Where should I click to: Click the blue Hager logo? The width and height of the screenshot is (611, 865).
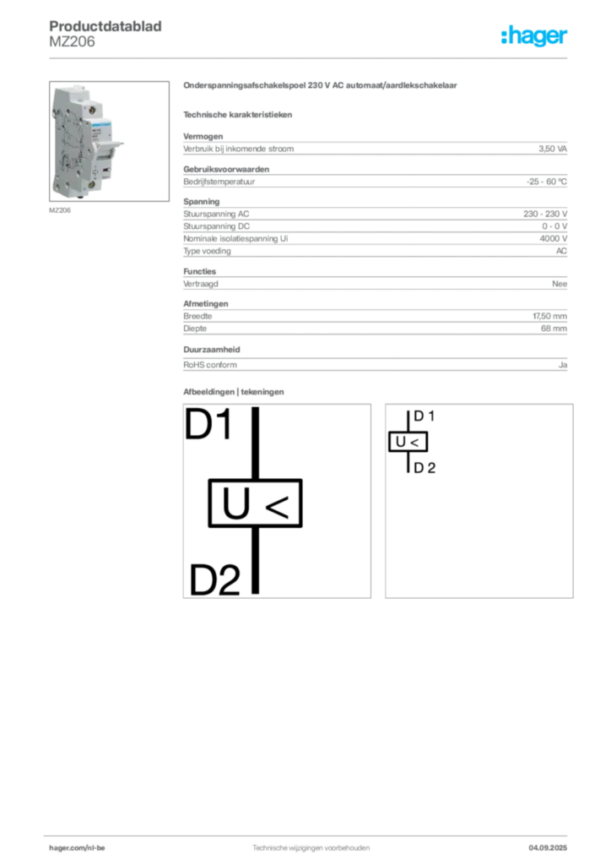pyautogui.click(x=536, y=37)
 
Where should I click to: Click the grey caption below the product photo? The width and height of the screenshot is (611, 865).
pyautogui.click(x=59, y=210)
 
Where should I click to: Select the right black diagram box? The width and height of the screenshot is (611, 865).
pyautogui.click(x=479, y=503)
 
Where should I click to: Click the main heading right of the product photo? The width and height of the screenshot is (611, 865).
pyautogui.click(x=321, y=86)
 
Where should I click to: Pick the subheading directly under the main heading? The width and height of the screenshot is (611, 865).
pyautogui.click(x=240, y=112)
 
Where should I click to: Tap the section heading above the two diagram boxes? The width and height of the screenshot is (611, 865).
pyautogui.click(x=236, y=392)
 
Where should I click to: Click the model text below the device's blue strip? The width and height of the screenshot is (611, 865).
pyautogui.click(x=99, y=135)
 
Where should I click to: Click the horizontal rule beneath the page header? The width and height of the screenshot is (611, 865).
pyautogui.click(x=311, y=58)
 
